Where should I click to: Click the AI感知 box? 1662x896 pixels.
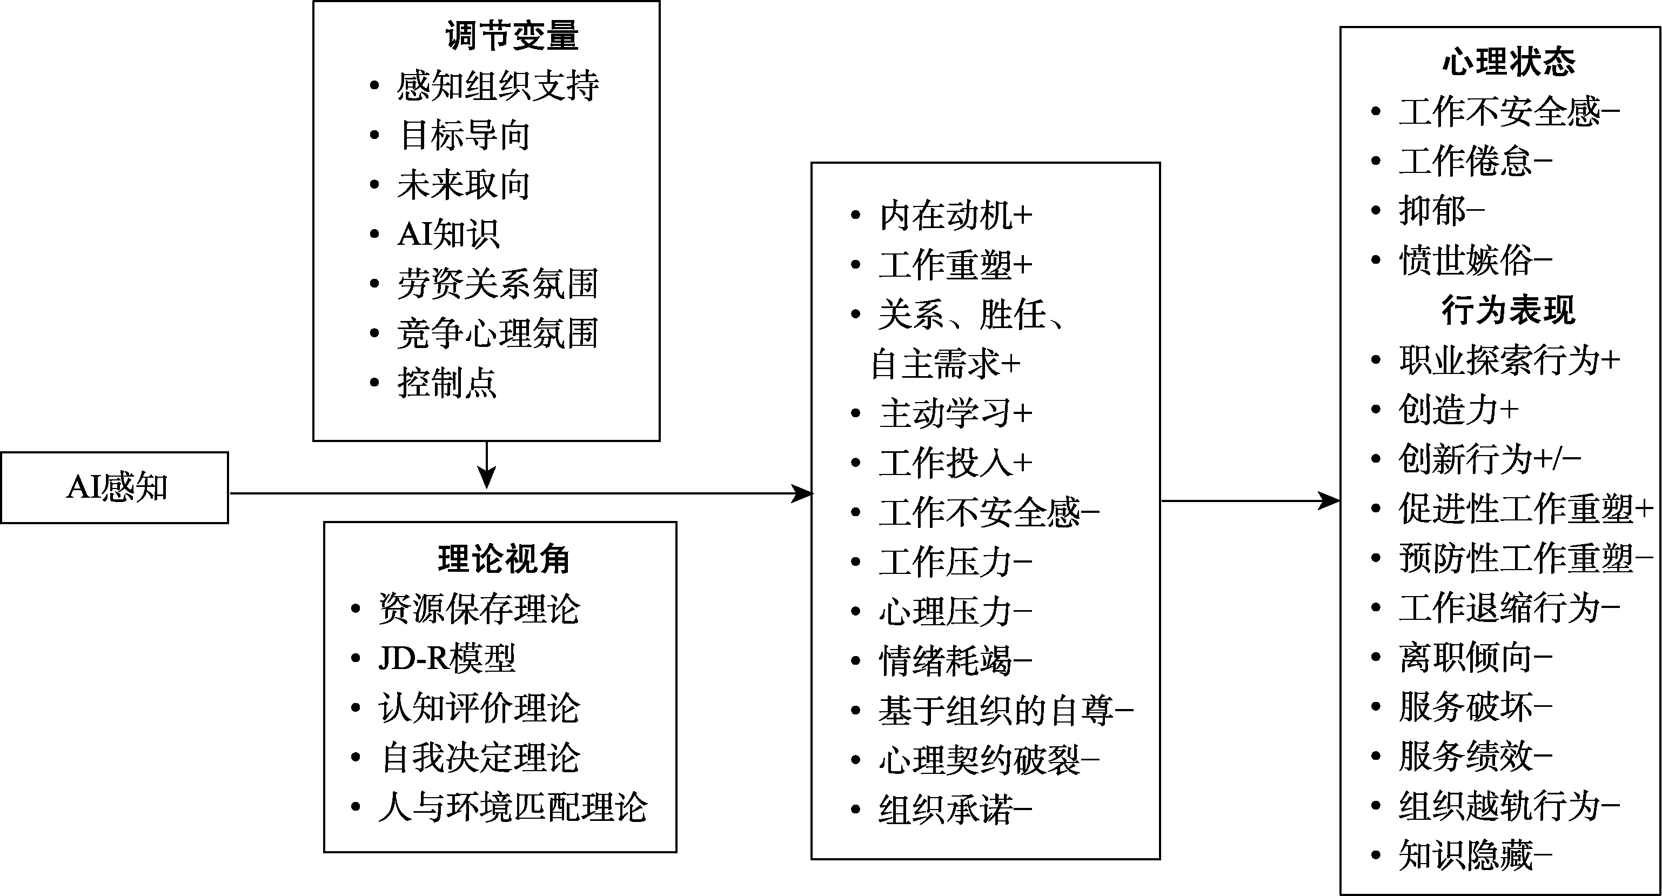point(115,487)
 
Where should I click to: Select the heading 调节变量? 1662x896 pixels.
point(512,36)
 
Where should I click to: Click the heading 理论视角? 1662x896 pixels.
point(503,559)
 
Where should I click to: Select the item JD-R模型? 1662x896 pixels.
point(446,658)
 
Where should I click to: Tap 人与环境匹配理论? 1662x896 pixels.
point(512,807)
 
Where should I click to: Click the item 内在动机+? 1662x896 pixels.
point(955,216)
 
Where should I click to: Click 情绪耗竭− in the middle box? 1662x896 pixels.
point(955,661)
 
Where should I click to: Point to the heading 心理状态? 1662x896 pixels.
point(1509,63)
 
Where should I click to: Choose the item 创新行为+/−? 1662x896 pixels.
point(1489,459)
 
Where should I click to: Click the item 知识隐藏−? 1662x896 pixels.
point(1475,856)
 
